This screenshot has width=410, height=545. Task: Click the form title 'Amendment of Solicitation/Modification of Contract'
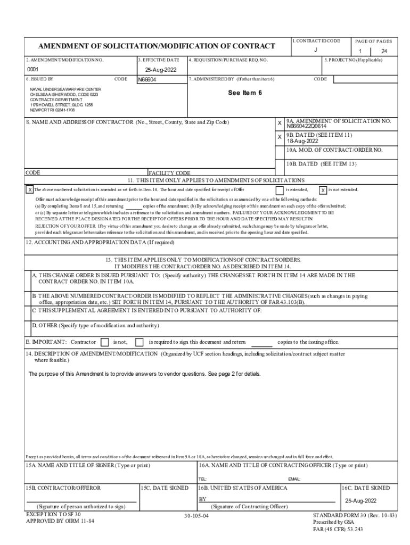[x=156, y=46]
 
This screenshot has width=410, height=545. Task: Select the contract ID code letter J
[x=316, y=49]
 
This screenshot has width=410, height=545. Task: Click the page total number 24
[x=384, y=52]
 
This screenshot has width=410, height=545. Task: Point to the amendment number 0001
[x=33, y=70]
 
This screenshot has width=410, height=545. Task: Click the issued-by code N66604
[x=148, y=80]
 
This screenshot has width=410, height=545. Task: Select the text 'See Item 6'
[x=245, y=92]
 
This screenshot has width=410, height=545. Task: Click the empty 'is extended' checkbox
[x=279, y=190]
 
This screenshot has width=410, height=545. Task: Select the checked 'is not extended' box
[x=323, y=190]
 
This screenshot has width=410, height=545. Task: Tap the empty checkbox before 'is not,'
[x=104, y=342]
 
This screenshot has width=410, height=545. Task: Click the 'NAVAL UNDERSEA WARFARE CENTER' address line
[x=65, y=89]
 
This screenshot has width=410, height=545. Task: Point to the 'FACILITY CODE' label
[x=169, y=173]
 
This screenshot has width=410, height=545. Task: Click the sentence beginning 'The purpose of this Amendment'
[x=144, y=374]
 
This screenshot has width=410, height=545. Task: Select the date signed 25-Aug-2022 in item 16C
[x=360, y=501]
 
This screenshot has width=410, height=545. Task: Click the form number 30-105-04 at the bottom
[x=196, y=516]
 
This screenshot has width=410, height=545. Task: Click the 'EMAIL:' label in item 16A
[x=294, y=479]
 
